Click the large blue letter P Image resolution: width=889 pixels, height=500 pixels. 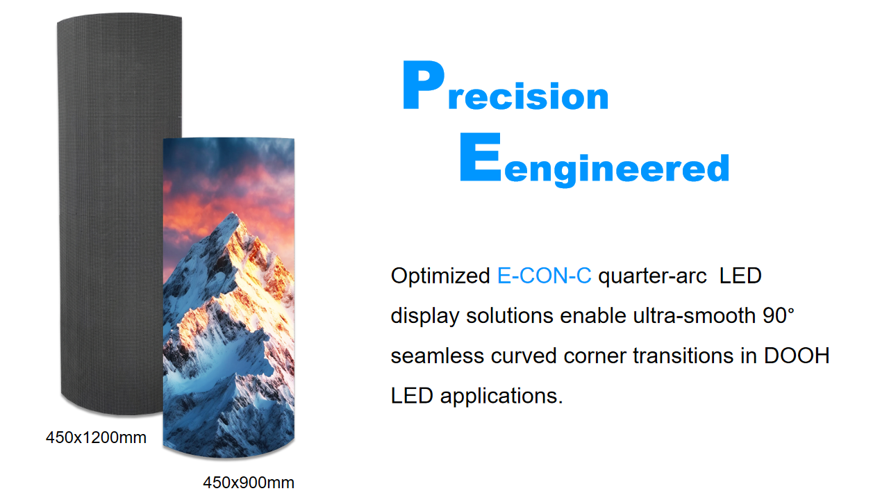coord(423,85)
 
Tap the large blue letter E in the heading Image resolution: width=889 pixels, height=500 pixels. coord(480,157)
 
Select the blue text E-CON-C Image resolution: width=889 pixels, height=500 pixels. coord(544,276)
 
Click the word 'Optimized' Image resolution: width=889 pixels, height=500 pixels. coord(440,276)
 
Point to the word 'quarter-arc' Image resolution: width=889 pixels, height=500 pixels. coord(652,276)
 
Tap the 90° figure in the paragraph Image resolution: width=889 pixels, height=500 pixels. coord(779,316)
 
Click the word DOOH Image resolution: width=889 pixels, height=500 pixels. coord(797,356)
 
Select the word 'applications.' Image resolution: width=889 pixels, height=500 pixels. coord(501,397)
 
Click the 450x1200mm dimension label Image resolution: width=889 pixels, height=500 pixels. coord(96,437)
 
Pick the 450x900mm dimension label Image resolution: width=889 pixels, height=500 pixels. coord(249,483)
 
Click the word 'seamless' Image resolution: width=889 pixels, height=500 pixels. coord(438,356)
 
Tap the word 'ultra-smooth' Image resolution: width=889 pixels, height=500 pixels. coord(694,316)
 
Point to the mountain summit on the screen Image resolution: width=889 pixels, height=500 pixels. coord(232,215)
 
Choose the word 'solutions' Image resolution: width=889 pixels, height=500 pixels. coord(510,316)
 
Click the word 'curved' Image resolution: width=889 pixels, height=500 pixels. coord(524,356)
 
